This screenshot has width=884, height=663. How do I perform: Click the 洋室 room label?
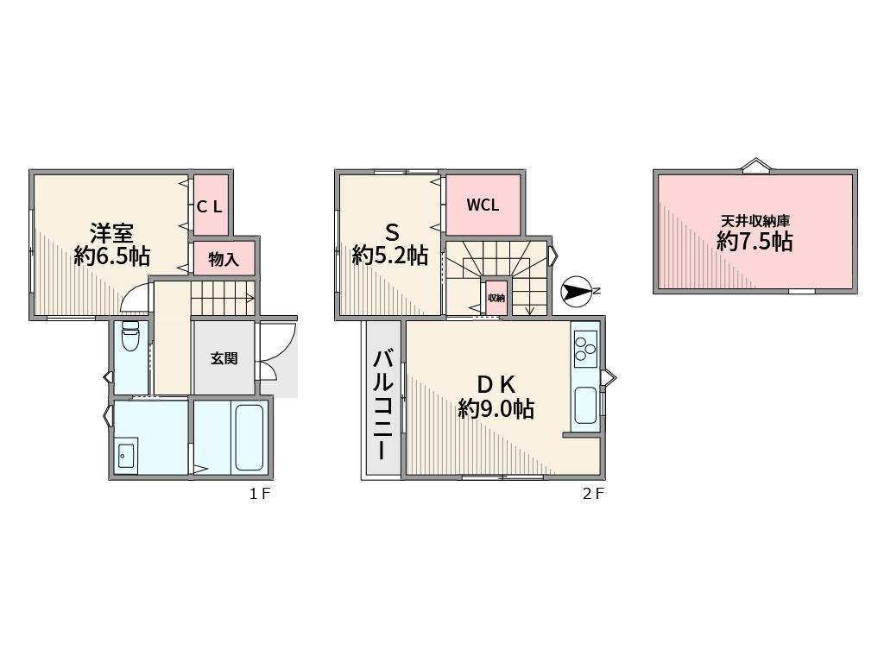(x=111, y=232)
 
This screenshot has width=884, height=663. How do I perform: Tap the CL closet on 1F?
(x=210, y=206)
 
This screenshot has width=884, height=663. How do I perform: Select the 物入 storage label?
(x=224, y=259)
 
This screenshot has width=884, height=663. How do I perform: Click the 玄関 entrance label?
(x=224, y=358)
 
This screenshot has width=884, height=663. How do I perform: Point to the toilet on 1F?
(x=130, y=336)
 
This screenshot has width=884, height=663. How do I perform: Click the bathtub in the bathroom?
(x=249, y=437)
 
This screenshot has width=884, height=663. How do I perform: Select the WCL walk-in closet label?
(x=483, y=205)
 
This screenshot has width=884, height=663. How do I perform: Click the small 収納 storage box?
(x=496, y=298)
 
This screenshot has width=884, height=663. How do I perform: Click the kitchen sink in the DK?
(x=585, y=406)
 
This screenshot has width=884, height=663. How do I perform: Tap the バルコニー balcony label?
(x=382, y=404)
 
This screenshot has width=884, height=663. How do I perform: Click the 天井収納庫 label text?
(x=755, y=221)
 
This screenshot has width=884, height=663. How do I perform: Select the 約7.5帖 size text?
(x=755, y=242)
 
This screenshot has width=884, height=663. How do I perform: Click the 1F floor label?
(x=260, y=494)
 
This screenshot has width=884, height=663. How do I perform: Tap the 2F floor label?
(x=593, y=494)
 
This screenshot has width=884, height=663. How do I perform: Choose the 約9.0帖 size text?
(x=496, y=408)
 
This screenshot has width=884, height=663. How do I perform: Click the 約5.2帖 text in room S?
(x=390, y=256)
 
